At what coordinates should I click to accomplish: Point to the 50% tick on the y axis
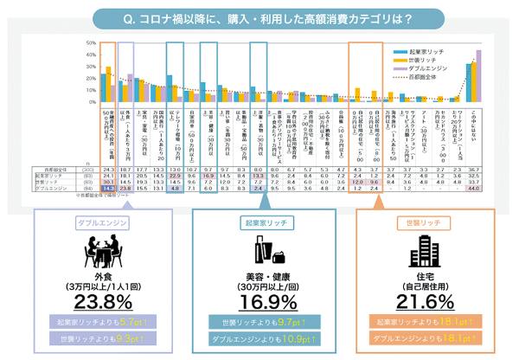[89, 42]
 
